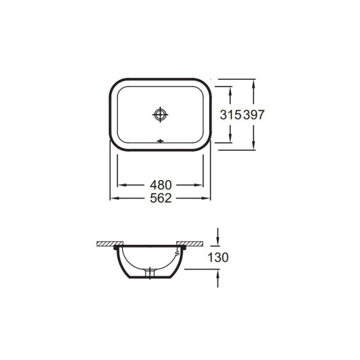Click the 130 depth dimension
(x=218, y=257)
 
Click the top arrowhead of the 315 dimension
(x=230, y=90)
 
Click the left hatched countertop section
(x=105, y=244)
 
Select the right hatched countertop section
(x=192, y=244)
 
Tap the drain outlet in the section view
(x=150, y=273)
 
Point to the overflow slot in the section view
(x=181, y=250)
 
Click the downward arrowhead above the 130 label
(x=218, y=240)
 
